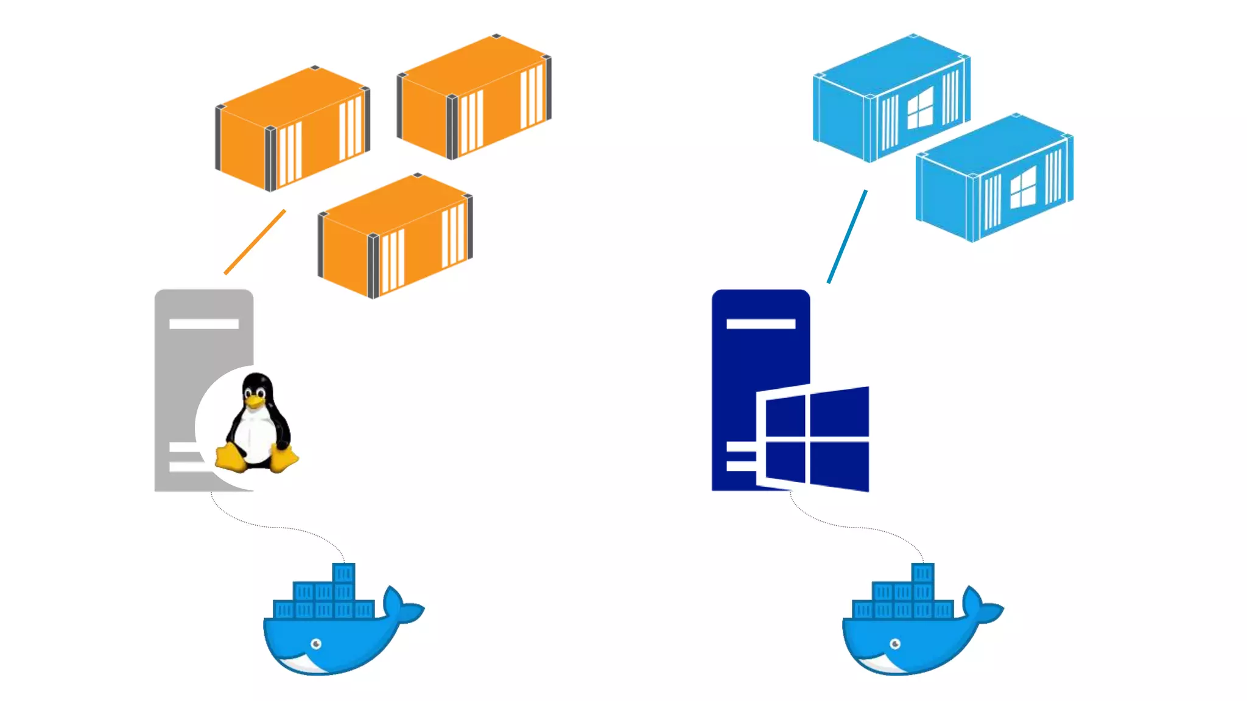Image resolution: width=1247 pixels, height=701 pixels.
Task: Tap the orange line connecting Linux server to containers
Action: (255, 242)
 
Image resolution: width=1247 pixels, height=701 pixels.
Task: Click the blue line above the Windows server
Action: (847, 237)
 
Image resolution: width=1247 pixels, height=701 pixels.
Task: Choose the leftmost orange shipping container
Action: (292, 128)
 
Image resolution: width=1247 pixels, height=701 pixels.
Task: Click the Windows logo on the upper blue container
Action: (919, 108)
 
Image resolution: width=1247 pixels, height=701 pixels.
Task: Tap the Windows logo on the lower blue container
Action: (1022, 187)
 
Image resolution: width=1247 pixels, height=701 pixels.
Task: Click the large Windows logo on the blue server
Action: (813, 438)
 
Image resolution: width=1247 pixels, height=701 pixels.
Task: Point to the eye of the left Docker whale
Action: (316, 644)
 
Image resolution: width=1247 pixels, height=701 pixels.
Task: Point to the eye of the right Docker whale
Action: (895, 644)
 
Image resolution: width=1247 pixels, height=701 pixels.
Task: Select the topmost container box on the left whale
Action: (343, 573)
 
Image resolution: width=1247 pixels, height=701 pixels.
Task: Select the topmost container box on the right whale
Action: (922, 573)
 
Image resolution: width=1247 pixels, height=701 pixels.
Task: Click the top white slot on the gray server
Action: (204, 324)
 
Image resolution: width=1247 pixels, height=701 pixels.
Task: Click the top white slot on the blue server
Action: (761, 324)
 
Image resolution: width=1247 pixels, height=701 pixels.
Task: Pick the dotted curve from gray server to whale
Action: (274, 527)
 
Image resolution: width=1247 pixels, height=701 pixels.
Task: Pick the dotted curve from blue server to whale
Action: (852, 527)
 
